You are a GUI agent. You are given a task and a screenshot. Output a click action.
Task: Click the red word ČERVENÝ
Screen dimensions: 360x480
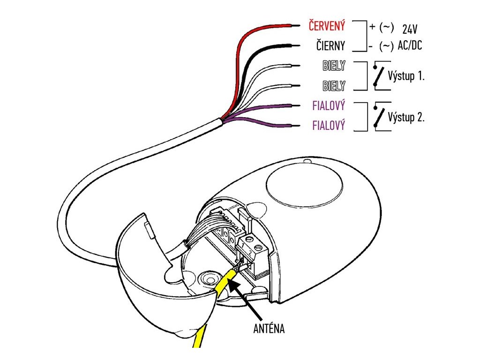point(327,26)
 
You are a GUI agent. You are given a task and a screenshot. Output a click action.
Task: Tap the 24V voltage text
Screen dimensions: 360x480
point(409,29)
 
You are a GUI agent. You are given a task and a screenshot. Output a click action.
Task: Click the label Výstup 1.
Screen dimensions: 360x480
point(406,76)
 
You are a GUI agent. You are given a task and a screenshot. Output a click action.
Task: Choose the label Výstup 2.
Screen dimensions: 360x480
point(406,117)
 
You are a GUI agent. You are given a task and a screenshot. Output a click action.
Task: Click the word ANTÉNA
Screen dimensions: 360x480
point(269,329)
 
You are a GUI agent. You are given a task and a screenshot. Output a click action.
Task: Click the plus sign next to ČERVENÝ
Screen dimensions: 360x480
point(372,26)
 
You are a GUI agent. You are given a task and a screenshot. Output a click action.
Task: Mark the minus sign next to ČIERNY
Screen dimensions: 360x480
point(370,46)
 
